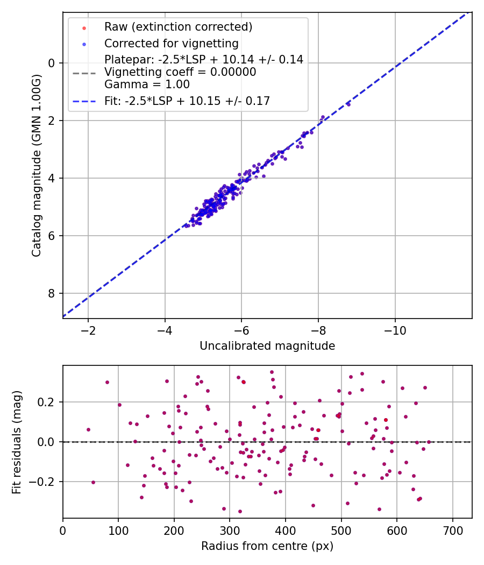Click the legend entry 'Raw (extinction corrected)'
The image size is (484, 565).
[178, 27]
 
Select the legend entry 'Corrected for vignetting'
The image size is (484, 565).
[172, 43]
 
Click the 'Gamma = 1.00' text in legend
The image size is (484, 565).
[147, 84]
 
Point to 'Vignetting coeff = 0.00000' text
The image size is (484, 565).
[180, 72]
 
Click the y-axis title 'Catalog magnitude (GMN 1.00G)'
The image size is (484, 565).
[37, 165]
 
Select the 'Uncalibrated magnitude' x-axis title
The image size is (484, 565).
[267, 346]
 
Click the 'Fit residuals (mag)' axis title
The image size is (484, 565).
[17, 442]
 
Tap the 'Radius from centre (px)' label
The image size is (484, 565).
[267, 546]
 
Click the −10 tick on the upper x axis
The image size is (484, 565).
[395, 329]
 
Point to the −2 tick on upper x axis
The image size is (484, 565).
[88, 329]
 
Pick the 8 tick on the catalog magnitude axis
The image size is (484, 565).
[52, 293]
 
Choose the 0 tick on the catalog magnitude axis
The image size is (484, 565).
[52, 63]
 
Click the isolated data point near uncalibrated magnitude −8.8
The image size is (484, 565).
[348, 104]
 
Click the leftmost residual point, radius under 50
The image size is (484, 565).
[88, 429]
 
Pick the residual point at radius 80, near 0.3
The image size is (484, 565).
[107, 382]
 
